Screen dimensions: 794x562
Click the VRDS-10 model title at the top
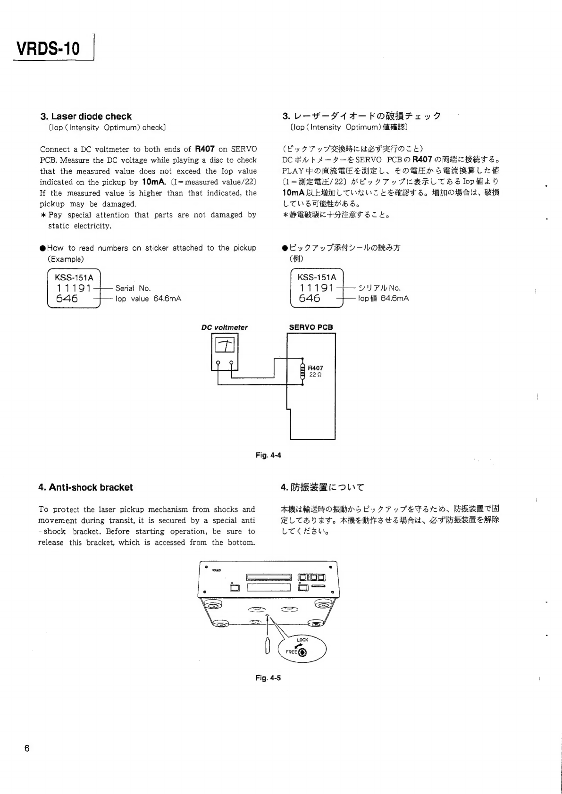[48, 48]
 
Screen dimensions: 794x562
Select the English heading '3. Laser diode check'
[86, 117]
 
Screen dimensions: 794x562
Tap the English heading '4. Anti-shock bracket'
[85, 487]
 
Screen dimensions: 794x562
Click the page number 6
[27, 748]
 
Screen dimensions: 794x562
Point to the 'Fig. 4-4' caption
[268, 455]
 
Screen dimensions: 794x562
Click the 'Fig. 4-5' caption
[268, 678]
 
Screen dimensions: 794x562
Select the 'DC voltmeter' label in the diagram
[224, 327]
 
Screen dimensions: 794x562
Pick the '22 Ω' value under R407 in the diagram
[316, 375]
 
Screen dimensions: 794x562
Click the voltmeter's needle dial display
[225, 346]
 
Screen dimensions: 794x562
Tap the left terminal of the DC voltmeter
[218, 363]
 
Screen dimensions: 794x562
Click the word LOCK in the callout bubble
[302, 640]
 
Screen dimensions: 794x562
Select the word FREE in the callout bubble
[291, 652]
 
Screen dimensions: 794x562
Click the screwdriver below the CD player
[268, 646]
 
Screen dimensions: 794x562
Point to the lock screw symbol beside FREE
[302, 653]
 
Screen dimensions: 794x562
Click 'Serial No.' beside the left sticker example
[133, 288]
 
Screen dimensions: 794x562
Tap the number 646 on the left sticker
[67, 299]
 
